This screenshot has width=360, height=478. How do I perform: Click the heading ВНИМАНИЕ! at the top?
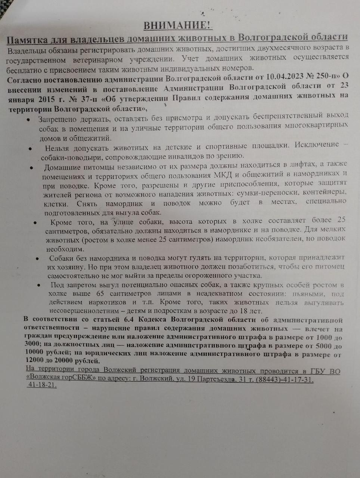click(177, 25)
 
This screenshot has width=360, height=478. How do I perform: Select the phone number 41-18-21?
click(42, 385)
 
